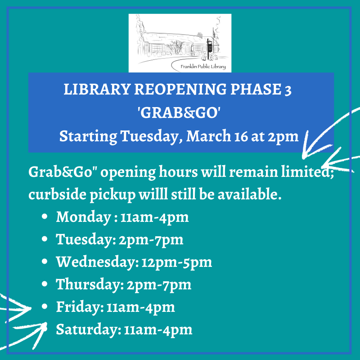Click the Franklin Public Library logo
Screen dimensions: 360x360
180,43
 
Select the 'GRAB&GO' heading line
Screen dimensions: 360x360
180,112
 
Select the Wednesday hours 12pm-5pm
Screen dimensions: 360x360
176,262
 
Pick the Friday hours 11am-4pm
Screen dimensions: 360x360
140,307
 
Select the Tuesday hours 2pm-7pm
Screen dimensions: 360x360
151,239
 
